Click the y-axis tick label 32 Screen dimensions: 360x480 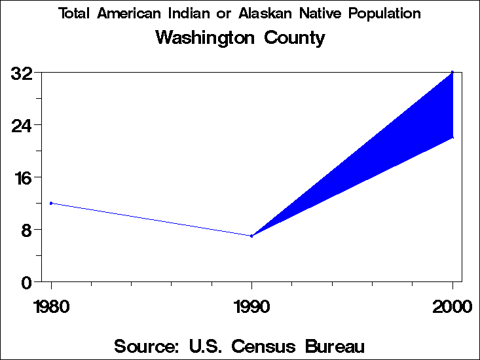[22, 73]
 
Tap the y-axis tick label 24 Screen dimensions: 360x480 [22, 125]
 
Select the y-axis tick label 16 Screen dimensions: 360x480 [22, 177]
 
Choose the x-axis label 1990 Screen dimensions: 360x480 [251, 306]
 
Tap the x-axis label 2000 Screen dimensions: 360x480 [452, 306]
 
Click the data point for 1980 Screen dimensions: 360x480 [51, 203]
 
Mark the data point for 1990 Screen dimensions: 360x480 [251, 236]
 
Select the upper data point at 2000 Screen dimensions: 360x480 [452, 72]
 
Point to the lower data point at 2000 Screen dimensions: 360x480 [452, 137]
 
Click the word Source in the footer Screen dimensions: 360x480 [144, 346]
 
